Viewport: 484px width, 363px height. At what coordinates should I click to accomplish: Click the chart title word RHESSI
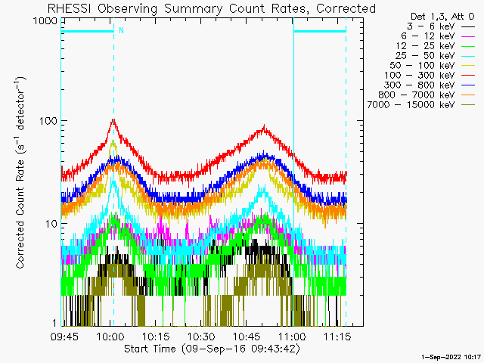pyautogui.click(x=69, y=8)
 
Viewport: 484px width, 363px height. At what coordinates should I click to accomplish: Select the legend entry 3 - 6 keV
pyautogui.click(x=430, y=26)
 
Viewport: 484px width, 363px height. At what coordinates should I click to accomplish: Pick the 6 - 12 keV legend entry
pyautogui.click(x=428, y=36)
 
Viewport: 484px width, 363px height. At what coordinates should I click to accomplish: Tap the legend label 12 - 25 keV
pyautogui.click(x=425, y=46)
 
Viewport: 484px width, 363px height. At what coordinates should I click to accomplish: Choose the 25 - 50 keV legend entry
pyautogui.click(x=425, y=56)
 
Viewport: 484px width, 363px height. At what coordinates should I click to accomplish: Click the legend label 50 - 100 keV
pyautogui.click(x=422, y=66)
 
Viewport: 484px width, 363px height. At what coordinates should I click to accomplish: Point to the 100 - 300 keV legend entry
pyautogui.click(x=420, y=76)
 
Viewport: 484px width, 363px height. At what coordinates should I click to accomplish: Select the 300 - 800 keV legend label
pyautogui.click(x=420, y=85)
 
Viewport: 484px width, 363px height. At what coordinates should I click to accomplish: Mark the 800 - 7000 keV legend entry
pyautogui.click(x=417, y=95)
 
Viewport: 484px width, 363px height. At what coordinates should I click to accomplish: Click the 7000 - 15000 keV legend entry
pyautogui.click(x=411, y=105)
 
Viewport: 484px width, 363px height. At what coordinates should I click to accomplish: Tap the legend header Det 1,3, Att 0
pyautogui.click(x=442, y=17)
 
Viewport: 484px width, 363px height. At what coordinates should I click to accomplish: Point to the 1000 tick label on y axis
pyautogui.click(x=45, y=20)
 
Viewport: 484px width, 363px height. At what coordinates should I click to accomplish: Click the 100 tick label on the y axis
pyautogui.click(x=48, y=121)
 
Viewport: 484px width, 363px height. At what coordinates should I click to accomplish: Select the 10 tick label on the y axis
pyautogui.click(x=51, y=224)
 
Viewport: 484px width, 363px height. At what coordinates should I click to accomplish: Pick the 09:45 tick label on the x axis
pyautogui.click(x=64, y=337)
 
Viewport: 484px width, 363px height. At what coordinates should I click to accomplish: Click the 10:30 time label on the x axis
pyautogui.click(x=201, y=337)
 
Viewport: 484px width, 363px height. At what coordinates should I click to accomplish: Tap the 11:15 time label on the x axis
pyautogui.click(x=337, y=337)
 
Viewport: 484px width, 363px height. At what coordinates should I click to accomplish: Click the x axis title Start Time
pyautogui.click(x=150, y=349)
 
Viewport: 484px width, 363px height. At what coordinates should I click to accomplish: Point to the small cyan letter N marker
pyautogui.click(x=121, y=30)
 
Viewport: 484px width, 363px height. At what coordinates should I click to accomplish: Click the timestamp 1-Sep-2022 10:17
pyautogui.click(x=451, y=357)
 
